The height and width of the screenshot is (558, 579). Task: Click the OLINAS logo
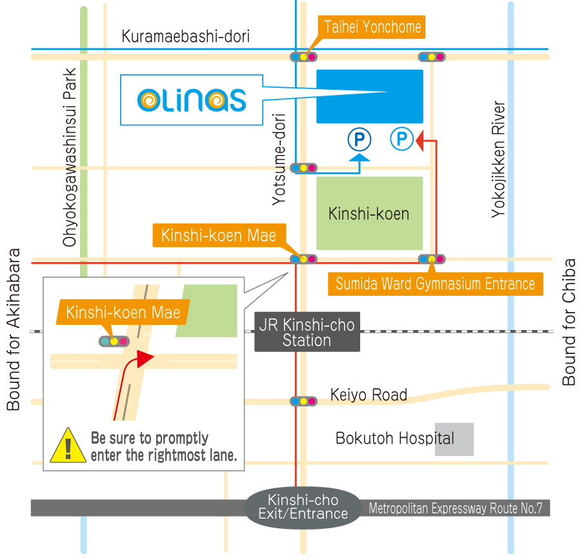pos(192,100)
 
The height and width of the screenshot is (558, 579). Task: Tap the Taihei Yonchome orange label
pos(372,26)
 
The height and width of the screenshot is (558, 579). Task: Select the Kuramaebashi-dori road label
pos(185,37)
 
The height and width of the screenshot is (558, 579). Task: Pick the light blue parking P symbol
pos(401,138)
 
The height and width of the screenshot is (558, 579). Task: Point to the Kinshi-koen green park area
pos(369,213)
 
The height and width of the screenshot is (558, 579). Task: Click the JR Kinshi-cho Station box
pos(307,333)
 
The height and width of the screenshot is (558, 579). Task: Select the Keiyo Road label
pos(369,395)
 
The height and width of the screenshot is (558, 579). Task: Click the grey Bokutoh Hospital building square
pos(454,439)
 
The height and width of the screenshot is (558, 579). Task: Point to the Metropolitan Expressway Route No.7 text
pos(455,508)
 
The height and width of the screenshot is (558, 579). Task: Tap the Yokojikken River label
pos(498,159)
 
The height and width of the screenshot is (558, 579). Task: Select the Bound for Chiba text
pos(569,322)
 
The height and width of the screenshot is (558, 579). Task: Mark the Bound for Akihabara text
pos(13,329)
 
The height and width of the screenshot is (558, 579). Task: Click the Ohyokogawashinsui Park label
pos(70,158)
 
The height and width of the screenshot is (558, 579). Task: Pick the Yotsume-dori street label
pos(279,159)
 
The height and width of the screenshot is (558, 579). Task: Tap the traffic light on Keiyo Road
pos(303,401)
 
